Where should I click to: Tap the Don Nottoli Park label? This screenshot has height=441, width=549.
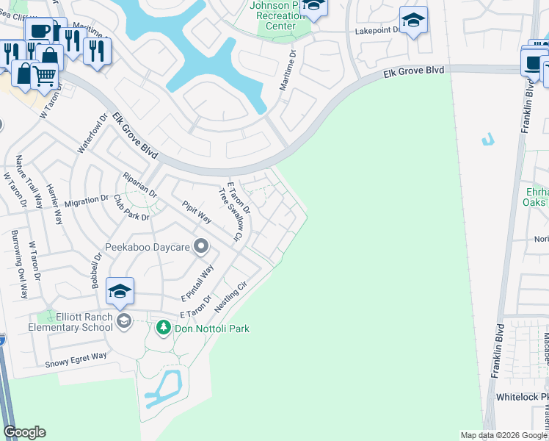211,329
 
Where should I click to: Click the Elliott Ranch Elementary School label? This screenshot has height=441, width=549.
70,322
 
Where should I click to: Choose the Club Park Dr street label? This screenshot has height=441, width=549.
131,208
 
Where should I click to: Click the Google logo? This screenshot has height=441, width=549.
24,432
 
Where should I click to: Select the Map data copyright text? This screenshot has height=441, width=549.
503,435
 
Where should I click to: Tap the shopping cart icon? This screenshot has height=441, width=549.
44,73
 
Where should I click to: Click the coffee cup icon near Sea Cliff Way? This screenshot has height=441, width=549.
38,30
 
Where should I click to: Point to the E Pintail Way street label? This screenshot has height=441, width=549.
197,283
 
